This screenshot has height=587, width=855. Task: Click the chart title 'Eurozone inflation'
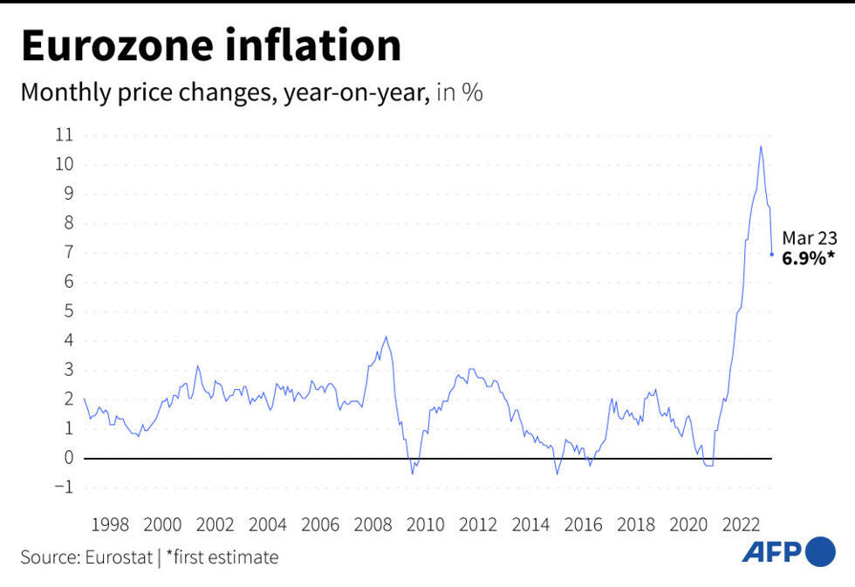211,47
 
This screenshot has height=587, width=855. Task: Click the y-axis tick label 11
64,135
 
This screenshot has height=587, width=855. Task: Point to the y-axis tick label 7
68,253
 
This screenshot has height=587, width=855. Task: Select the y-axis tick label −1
64,488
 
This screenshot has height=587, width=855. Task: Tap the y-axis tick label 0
68,458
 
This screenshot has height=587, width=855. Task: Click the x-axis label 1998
110,525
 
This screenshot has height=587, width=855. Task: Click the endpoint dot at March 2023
772,254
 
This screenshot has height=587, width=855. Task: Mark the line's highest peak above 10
761,147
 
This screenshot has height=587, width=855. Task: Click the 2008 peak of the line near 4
386,337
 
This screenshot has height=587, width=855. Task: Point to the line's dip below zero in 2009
413,473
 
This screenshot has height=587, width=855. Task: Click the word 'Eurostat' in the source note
120,557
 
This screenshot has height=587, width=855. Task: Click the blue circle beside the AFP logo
820,551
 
